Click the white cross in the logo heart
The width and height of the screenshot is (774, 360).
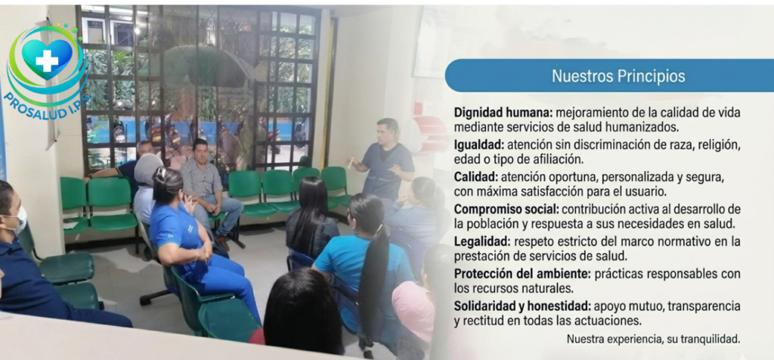coord(47,60)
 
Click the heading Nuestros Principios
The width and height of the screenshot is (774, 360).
coord(618,76)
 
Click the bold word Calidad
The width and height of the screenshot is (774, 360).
coord(475,175)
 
